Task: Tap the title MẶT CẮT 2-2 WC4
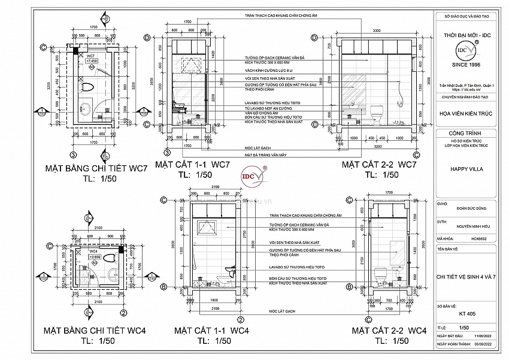[x=389, y=331]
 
